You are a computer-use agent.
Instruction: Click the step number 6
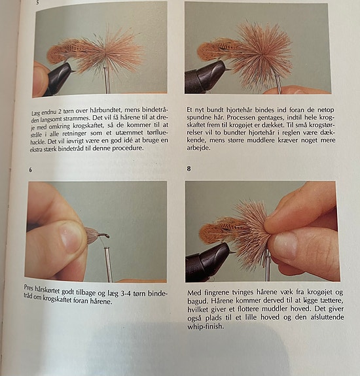point(31,170)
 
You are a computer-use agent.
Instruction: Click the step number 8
point(189,169)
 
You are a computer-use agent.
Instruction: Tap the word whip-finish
point(206,326)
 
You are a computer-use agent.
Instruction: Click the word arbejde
point(198,148)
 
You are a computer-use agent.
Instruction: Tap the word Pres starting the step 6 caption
point(29,287)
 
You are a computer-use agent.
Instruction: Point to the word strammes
point(77,118)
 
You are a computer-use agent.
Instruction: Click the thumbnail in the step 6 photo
point(71,239)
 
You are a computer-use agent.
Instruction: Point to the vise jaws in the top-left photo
point(60,77)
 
